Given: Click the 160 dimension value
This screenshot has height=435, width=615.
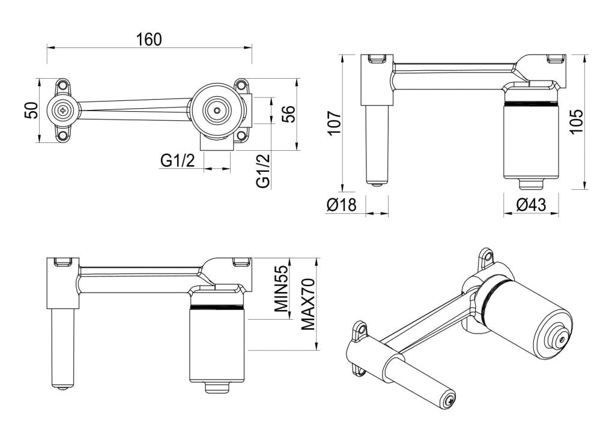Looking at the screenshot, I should (149, 40).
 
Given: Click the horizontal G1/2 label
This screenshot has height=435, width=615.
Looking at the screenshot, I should (177, 160).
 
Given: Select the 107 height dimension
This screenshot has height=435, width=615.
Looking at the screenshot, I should (335, 122).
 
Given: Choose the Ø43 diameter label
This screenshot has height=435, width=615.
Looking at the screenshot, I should (531, 205).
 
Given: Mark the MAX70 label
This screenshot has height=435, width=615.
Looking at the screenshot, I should (308, 304).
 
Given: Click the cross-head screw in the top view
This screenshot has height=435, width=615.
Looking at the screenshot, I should (63, 110).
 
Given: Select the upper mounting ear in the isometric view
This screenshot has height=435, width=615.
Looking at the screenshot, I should (485, 258).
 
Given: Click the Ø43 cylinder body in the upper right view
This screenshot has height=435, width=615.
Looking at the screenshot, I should (531, 141).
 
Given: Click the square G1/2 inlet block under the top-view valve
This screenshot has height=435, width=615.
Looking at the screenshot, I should (216, 144).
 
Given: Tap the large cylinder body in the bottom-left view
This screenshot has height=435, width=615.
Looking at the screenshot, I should (216, 345).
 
